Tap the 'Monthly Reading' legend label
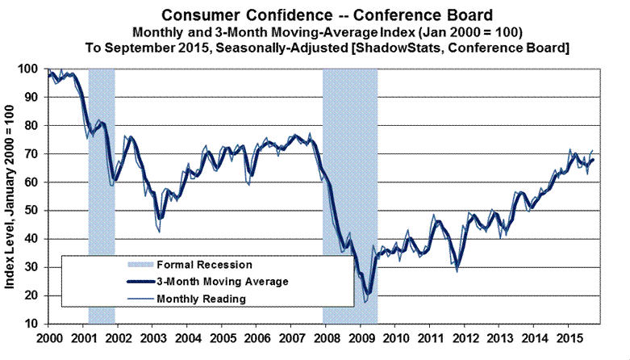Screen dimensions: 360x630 pyautogui.click(x=202, y=299)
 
